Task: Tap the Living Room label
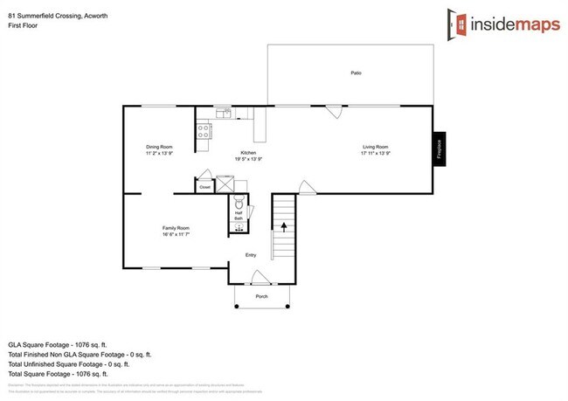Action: [x=375, y=147]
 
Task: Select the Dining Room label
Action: [x=159, y=147]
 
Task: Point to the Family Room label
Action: [x=176, y=228]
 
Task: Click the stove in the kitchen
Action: [x=204, y=131]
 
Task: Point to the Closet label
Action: [x=205, y=187]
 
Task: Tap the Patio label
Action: [x=356, y=74]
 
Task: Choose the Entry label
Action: [x=251, y=255]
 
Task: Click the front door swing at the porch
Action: [x=260, y=278]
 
